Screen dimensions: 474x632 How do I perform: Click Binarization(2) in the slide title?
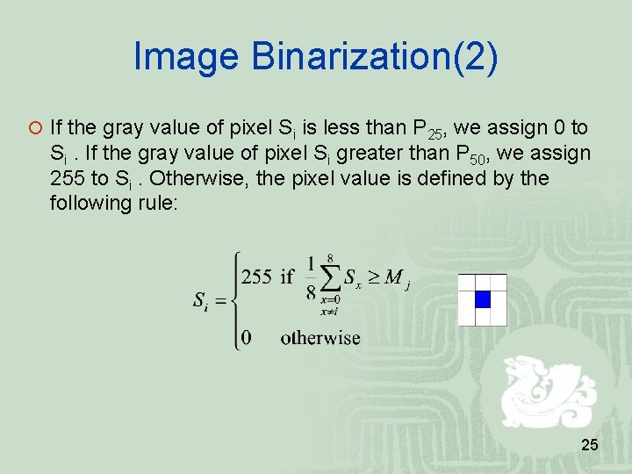(x=374, y=58)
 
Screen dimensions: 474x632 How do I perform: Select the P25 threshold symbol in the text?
(x=430, y=129)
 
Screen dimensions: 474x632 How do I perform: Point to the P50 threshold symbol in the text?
(x=474, y=154)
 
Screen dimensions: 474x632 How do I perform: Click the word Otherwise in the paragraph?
(x=194, y=178)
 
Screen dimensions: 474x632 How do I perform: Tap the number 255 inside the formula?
(x=256, y=277)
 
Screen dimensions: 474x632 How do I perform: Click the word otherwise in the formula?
(x=320, y=337)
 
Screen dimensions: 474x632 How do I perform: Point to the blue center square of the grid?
(x=482, y=299)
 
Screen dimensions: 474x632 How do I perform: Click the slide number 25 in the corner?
(x=590, y=446)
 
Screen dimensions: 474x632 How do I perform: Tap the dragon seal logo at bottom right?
(x=542, y=391)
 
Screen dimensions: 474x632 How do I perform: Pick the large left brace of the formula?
(x=235, y=301)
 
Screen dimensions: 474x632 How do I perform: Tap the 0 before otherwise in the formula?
(x=247, y=338)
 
